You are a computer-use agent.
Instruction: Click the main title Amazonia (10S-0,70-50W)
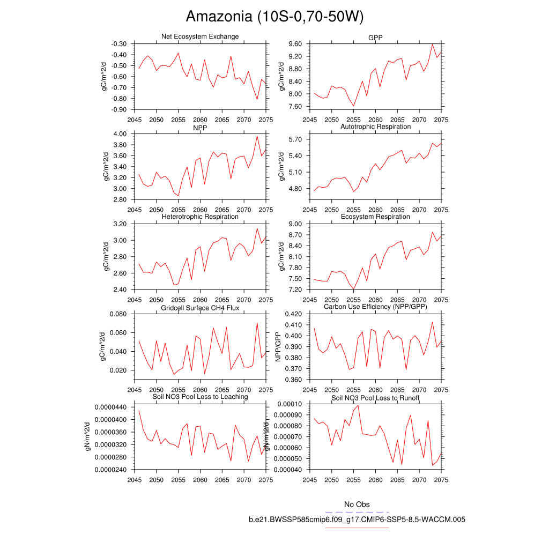tap(274, 17)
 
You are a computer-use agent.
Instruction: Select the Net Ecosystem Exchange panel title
tap(200, 36)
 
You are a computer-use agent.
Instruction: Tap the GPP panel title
tap(375, 36)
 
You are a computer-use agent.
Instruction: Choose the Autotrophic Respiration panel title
tap(375, 127)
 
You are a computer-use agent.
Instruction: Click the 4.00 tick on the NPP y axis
tap(120, 134)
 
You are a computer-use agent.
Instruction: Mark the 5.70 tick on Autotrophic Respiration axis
tap(295, 139)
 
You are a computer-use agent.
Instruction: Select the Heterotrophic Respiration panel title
tap(200, 217)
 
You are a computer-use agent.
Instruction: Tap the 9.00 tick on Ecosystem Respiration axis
tap(295, 224)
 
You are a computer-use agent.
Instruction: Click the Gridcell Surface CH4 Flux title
tap(200, 308)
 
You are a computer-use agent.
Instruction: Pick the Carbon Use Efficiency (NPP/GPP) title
tap(375, 307)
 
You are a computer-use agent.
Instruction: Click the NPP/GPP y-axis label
tap(278, 347)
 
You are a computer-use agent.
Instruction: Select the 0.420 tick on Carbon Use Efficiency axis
tap(292, 314)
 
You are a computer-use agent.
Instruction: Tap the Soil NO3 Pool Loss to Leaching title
tap(200, 397)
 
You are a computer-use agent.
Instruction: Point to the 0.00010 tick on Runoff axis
tap(290, 404)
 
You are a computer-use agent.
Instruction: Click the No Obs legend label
tap(357, 505)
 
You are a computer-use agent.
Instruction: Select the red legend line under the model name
tap(357, 528)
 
